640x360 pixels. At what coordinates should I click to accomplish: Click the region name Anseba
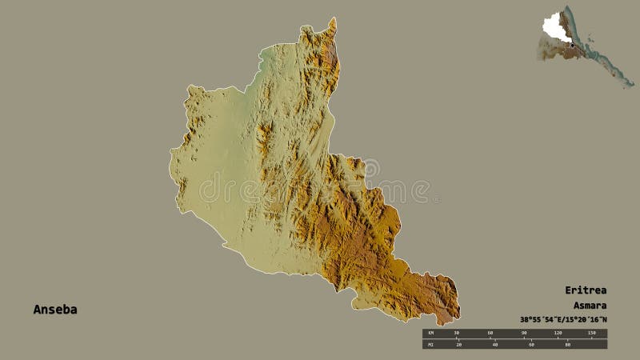click(x=55, y=310)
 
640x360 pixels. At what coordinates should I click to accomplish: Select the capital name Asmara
click(x=590, y=306)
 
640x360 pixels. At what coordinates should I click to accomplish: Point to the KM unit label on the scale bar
click(x=430, y=332)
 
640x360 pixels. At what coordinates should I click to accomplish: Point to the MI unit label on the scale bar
click(x=430, y=345)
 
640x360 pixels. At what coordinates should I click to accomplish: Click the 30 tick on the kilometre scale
click(x=457, y=332)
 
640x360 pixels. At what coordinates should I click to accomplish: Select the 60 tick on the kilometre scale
click(x=490, y=332)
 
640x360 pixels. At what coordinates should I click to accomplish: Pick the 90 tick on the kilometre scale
click(x=524, y=332)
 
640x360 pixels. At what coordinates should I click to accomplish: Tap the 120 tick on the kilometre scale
click(x=558, y=332)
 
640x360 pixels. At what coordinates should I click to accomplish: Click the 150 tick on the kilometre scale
click(x=592, y=332)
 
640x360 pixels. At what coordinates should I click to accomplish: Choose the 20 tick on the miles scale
click(x=459, y=345)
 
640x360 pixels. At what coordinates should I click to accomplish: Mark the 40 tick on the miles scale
click(x=495, y=345)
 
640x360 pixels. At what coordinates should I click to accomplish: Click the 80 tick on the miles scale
click(x=566, y=345)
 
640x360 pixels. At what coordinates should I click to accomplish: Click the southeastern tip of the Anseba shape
click(x=458, y=314)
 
